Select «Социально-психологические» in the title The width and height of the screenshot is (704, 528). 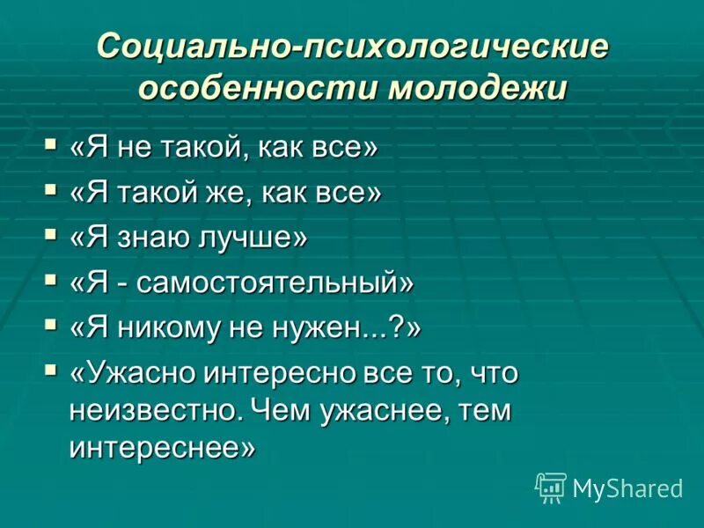pos(352,46)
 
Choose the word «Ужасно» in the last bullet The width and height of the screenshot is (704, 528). pos(142,374)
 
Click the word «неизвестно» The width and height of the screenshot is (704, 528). pos(154,411)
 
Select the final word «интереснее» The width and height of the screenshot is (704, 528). pos(159,448)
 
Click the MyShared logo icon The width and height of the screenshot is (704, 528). pos(551,487)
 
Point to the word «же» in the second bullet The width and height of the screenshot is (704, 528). pos(232,193)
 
